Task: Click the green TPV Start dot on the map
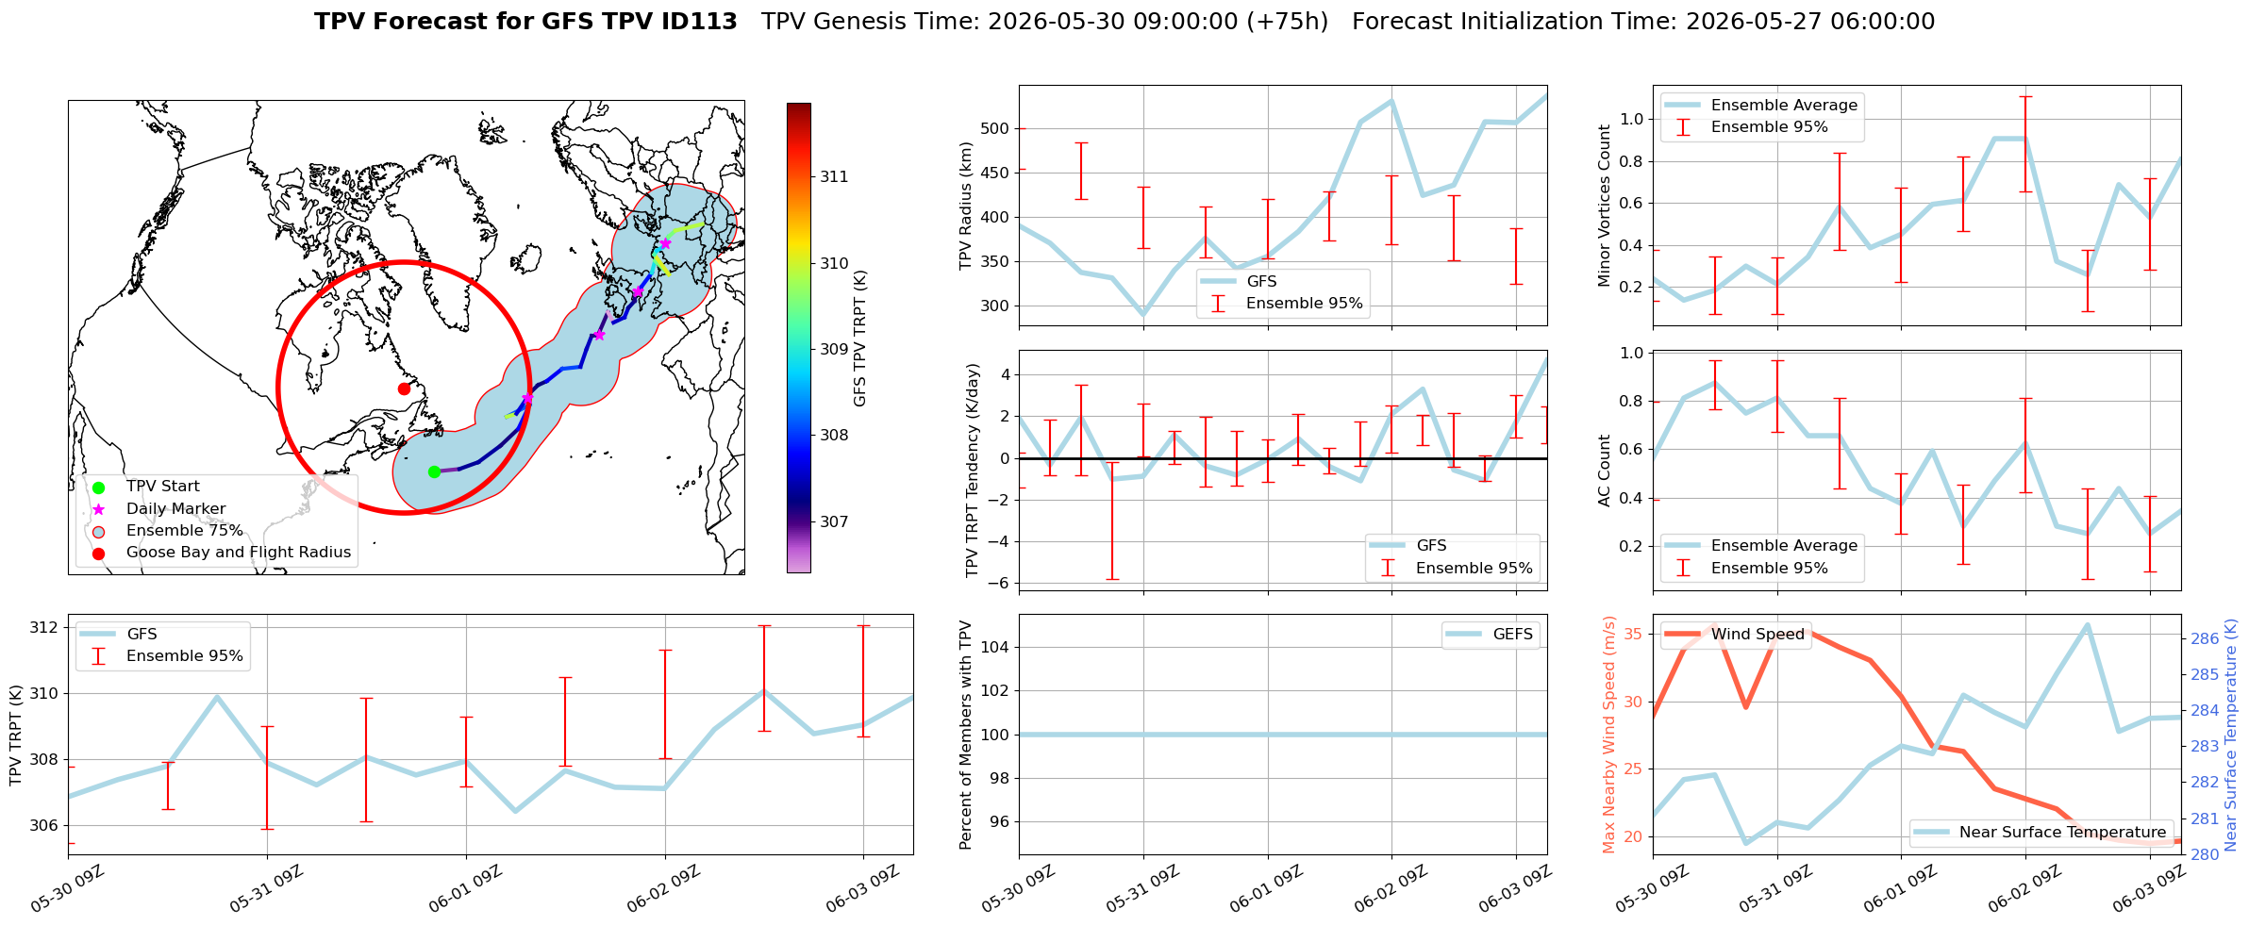click(434, 471)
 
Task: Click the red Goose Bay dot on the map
click(404, 389)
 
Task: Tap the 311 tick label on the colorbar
click(834, 176)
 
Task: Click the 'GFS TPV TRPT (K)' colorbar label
click(859, 339)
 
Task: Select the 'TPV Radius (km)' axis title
click(966, 206)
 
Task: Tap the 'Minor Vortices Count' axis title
click(1605, 206)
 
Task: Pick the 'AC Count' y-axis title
click(1605, 471)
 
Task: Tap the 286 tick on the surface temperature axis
click(2205, 638)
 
